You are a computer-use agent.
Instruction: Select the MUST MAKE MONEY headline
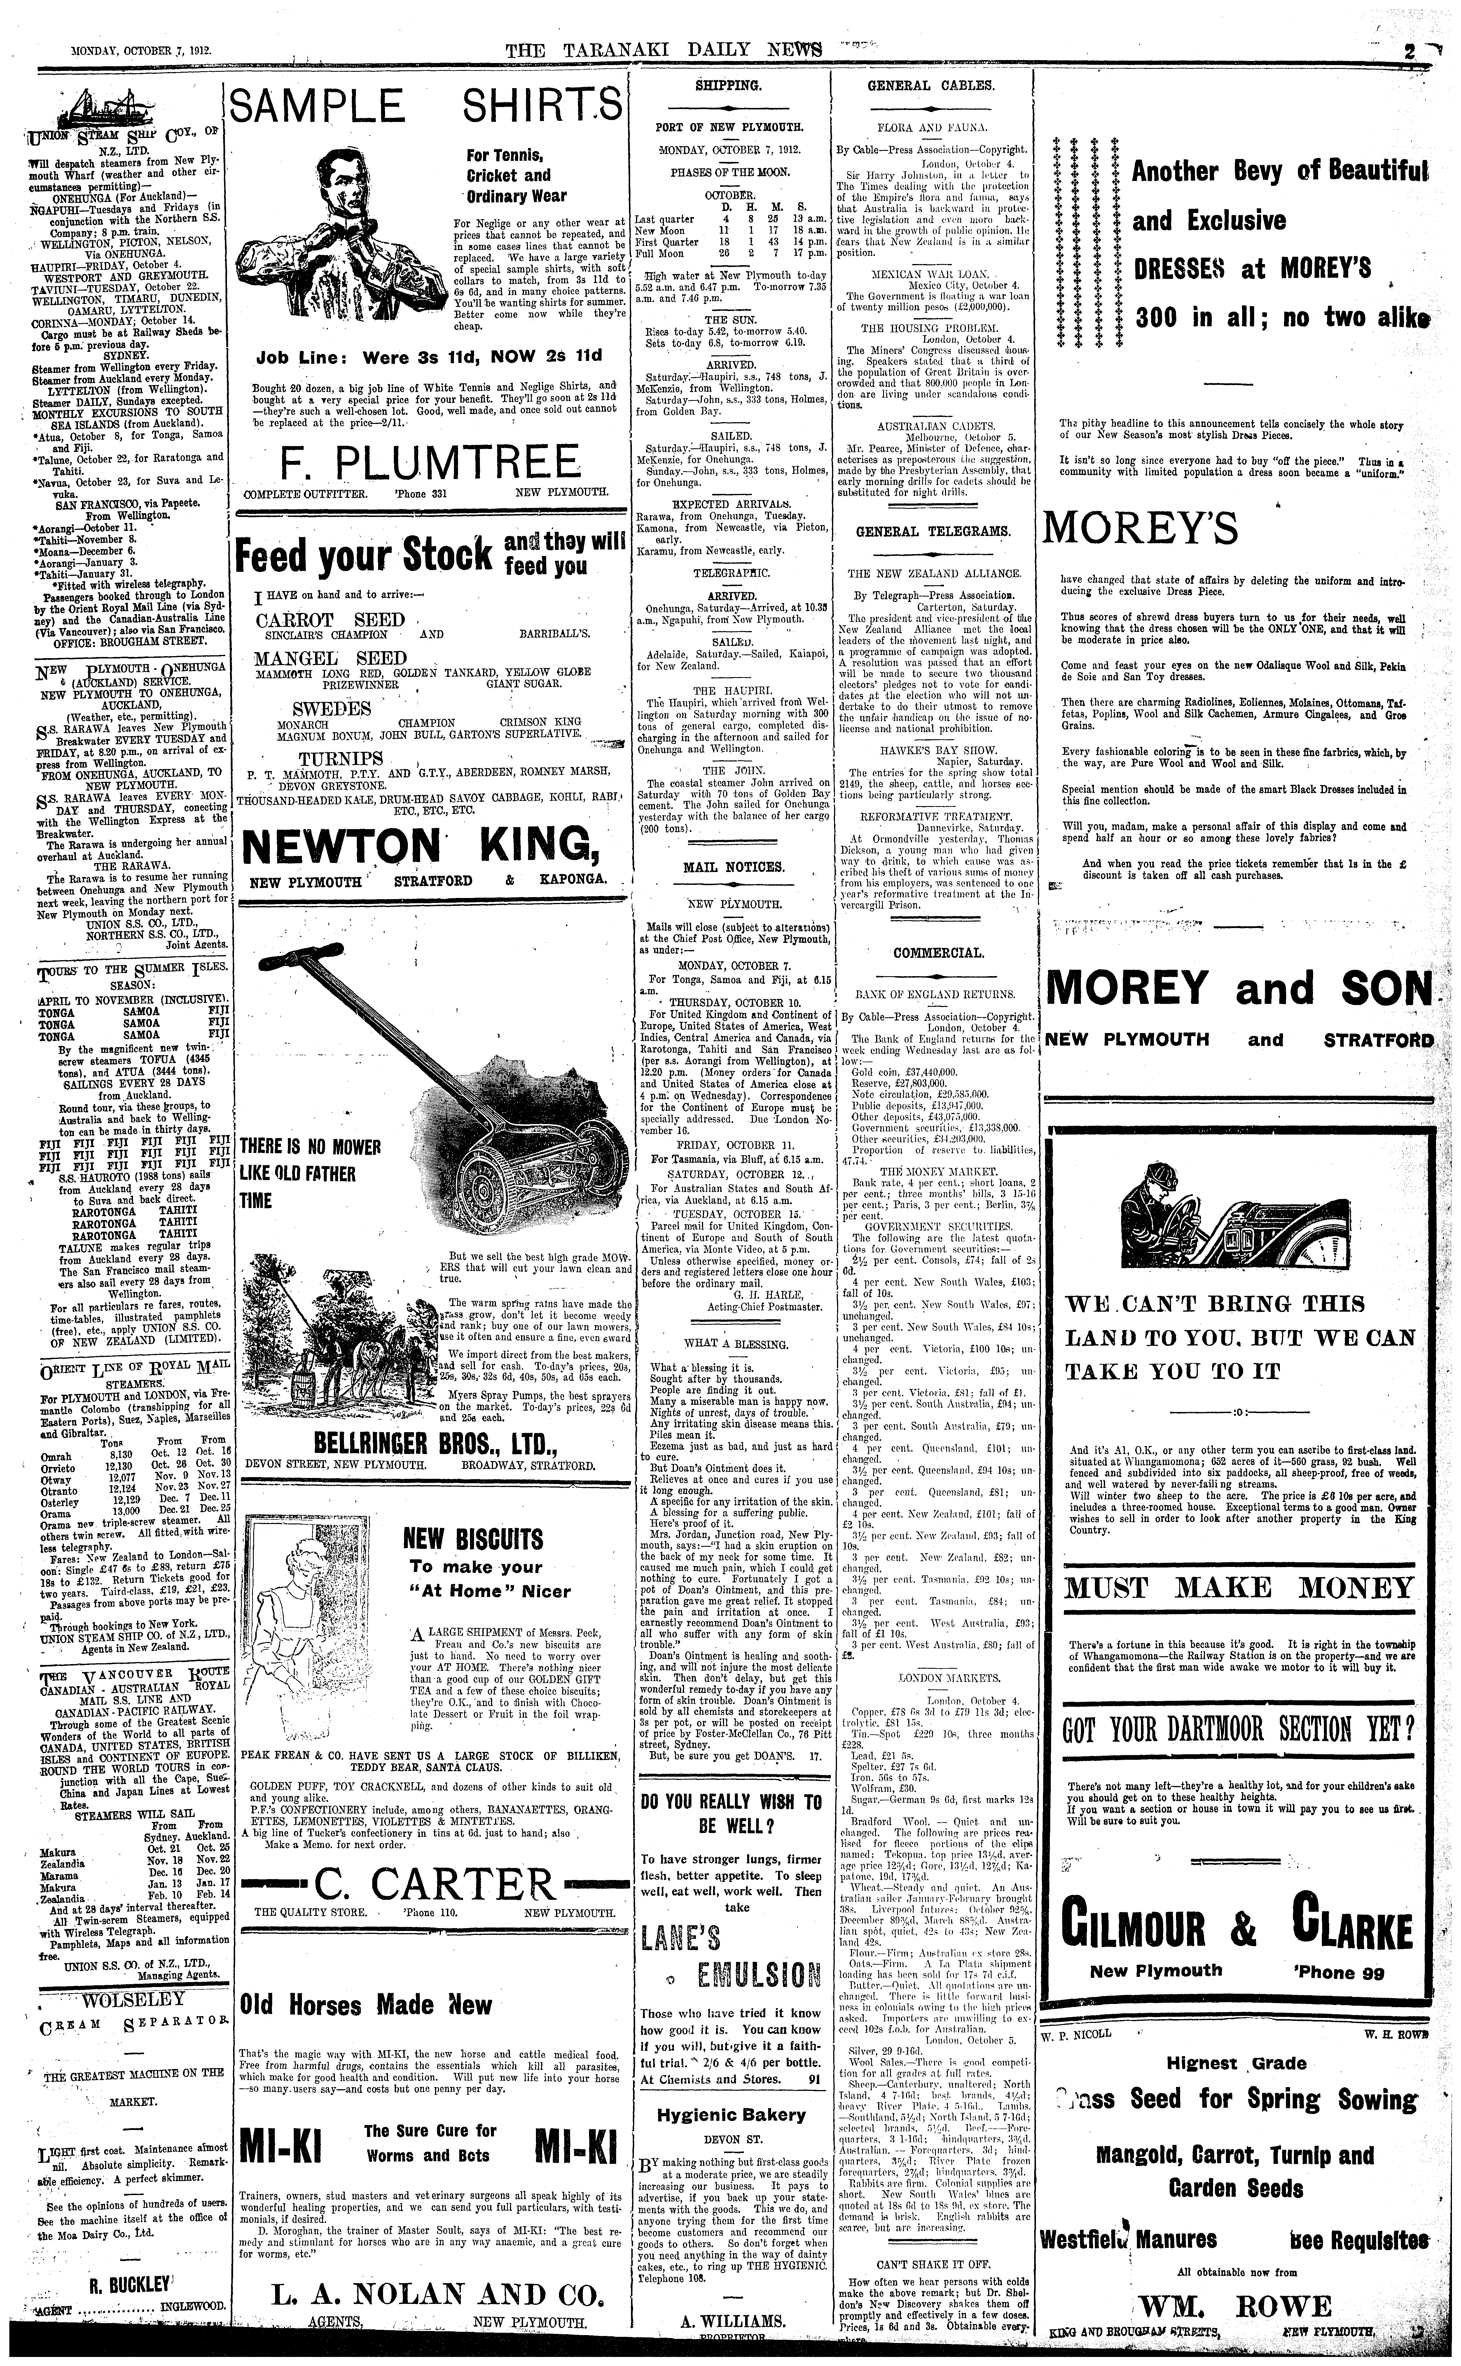[x=1240, y=1588]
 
